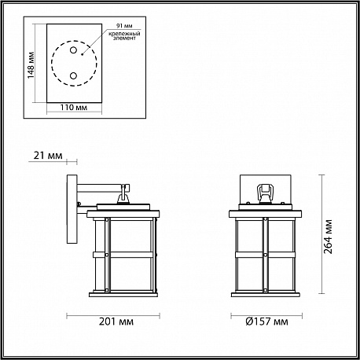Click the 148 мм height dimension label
31,65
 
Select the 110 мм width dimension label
74,108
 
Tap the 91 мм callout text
124,26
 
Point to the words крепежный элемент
124,36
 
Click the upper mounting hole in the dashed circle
73,50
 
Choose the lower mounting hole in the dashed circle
73,76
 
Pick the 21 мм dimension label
48,156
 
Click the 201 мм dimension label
116,321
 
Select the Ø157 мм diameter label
266,321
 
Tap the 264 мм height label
329,237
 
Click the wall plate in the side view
72,209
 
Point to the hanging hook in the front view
265,193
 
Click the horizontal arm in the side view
101,188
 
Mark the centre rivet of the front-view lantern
266,255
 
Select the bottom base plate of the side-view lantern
123,295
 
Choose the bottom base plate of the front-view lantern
266,295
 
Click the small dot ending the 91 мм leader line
82,55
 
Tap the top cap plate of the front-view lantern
265,214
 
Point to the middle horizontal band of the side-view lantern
123,255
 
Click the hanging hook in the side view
123,194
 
